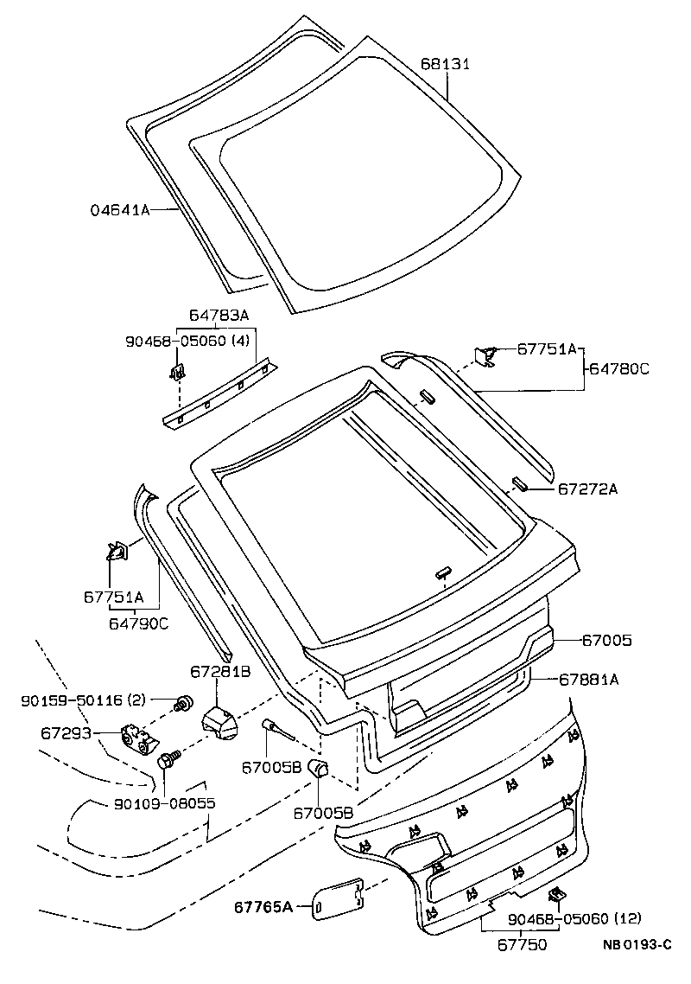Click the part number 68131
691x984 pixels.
(445, 64)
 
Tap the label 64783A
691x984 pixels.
(218, 317)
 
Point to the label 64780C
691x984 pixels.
(619, 368)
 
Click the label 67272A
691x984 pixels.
(587, 489)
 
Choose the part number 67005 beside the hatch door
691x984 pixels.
(606, 641)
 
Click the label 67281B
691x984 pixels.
(220, 671)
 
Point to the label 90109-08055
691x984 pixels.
(164, 803)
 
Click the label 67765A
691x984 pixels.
(263, 907)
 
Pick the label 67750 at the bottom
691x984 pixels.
(521, 945)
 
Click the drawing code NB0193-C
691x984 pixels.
(637, 944)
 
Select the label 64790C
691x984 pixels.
(139, 622)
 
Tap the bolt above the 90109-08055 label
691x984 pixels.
(168, 761)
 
